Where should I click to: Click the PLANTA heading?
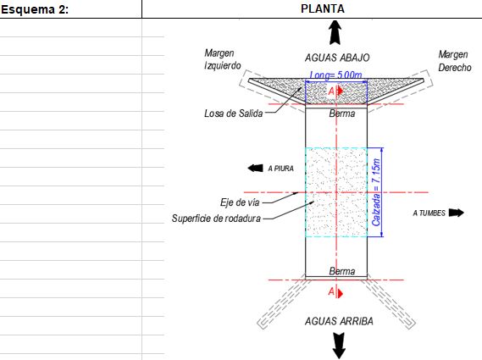323,8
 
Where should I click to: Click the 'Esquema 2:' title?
35,9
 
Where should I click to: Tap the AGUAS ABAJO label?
337,58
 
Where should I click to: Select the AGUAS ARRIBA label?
339,321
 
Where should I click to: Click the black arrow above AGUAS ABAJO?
335,32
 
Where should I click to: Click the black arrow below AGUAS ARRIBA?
339,346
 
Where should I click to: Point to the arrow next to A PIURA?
255,168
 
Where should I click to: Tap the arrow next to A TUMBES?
457,213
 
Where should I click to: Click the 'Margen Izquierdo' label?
223,59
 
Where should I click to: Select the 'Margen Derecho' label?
454,61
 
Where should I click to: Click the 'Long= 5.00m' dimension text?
335,75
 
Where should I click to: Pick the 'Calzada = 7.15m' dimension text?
377,192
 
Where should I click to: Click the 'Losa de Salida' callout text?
234,114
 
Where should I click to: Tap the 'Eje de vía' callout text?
240,202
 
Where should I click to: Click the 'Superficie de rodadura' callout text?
216,219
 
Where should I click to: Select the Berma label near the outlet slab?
342,114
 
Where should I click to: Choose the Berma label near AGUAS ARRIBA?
342,271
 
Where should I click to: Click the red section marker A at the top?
335,91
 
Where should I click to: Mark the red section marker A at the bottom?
335,291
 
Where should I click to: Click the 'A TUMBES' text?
429,213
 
